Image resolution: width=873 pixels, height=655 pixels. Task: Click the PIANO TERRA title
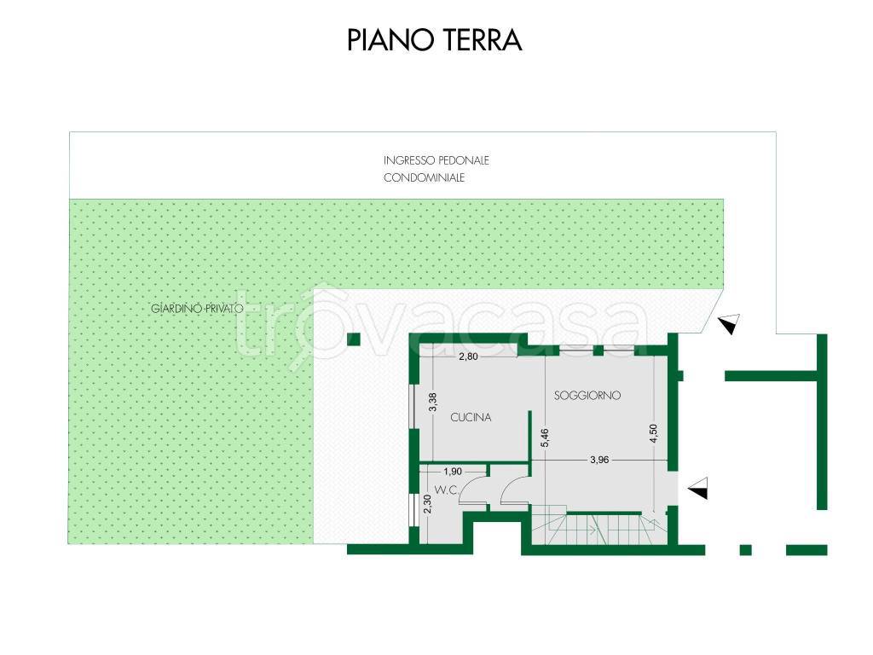[x=434, y=40]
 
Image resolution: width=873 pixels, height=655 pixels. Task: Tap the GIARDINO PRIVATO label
[x=198, y=309]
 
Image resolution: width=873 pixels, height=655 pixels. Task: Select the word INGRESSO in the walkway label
[x=408, y=160]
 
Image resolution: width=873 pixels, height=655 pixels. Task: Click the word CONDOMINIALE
[x=424, y=177]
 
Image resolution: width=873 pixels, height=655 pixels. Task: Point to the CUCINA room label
[x=471, y=417]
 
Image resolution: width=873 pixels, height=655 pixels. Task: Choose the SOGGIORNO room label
[x=587, y=396]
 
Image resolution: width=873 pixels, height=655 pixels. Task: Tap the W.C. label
[x=447, y=490]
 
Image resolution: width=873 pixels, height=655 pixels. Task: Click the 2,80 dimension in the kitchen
[x=468, y=356]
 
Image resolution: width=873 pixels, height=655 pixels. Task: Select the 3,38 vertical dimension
[x=433, y=403]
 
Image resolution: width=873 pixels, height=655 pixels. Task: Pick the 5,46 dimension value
[x=545, y=438]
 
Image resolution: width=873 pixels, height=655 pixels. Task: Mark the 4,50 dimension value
[x=653, y=433]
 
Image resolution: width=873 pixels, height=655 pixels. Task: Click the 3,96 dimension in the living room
[x=599, y=460]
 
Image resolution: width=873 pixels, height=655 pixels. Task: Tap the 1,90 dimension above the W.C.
[x=452, y=471]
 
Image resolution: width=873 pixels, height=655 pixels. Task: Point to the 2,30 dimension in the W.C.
[x=428, y=505]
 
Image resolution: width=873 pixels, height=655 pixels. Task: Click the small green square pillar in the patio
[x=354, y=339]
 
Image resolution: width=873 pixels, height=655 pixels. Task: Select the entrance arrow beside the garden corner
[x=730, y=323]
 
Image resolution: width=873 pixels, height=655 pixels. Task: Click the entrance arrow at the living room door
[x=698, y=489]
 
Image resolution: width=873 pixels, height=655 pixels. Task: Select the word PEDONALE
[x=463, y=160]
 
